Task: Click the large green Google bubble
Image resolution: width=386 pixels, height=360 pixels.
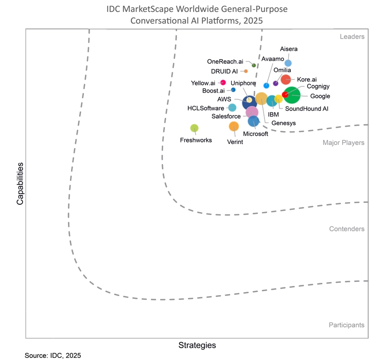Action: [293, 95]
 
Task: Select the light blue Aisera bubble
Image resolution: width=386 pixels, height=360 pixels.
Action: [288, 63]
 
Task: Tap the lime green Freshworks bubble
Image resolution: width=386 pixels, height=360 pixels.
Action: [194, 128]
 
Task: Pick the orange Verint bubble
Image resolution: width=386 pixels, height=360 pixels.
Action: [234, 126]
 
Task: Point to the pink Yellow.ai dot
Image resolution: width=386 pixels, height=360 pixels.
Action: [223, 82]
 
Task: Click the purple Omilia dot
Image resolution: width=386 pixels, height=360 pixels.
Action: [275, 83]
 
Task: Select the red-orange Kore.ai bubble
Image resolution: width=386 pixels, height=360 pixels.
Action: [286, 79]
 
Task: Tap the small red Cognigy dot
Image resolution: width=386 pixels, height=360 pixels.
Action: [285, 94]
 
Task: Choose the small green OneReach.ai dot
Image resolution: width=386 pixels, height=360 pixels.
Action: [254, 65]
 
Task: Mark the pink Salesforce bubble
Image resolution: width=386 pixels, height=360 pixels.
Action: [252, 112]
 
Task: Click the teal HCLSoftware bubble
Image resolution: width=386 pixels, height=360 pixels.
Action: [232, 107]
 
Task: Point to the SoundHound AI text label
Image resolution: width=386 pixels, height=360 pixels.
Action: [306, 109]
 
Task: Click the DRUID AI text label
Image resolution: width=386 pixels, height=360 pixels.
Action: [224, 71]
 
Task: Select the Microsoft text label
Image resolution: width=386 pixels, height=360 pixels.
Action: [256, 134]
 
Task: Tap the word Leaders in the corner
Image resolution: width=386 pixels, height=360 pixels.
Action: [352, 37]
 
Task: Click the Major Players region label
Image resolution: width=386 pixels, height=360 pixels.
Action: [343, 142]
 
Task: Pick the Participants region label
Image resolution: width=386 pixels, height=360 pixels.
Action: [346, 325]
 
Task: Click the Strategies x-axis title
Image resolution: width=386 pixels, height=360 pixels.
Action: [197, 345]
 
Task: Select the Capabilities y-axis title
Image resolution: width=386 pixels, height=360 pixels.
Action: [20, 184]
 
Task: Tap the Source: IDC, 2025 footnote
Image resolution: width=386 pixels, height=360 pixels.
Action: [52, 355]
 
